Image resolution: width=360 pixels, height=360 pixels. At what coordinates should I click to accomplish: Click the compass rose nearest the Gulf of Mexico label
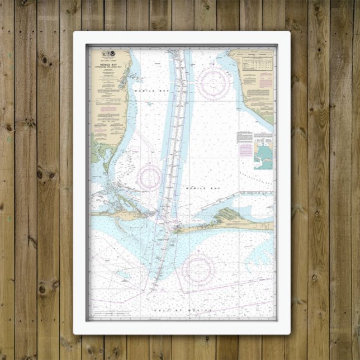coord(198,269)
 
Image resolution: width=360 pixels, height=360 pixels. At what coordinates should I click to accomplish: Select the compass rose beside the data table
coord(213,83)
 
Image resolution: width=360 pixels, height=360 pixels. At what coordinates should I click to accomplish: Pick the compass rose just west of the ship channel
coord(150,178)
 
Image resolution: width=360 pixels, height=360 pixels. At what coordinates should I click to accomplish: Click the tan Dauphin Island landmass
coord(123,214)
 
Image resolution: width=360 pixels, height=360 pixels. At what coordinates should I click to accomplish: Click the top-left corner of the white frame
coord(75,33)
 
